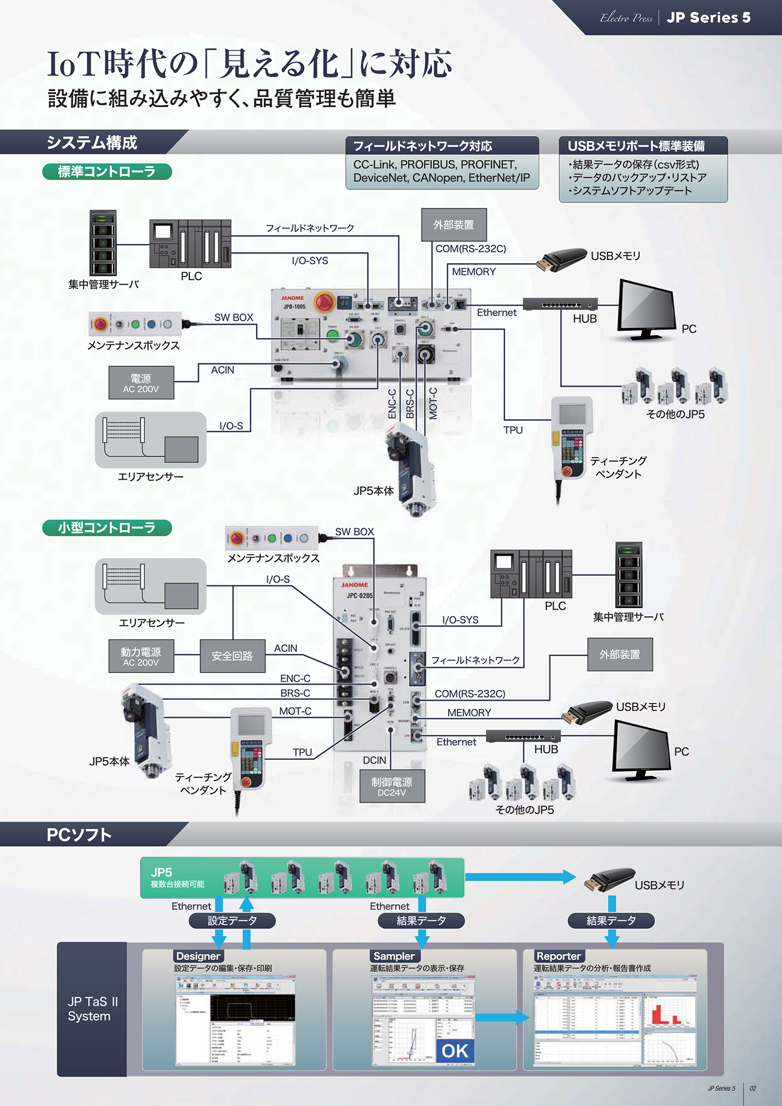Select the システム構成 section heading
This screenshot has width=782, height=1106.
pyautogui.click(x=92, y=142)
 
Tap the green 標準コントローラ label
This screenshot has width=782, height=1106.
pyautogui.click(x=107, y=172)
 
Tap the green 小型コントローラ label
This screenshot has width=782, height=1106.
pyautogui.click(x=107, y=528)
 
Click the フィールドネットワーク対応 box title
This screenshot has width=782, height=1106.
pyautogui.click(x=422, y=146)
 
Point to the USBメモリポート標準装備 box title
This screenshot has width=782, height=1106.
pyautogui.click(x=636, y=146)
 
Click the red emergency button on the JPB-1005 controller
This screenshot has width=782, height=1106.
pyautogui.click(x=325, y=301)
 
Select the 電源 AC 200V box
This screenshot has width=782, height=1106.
pyautogui.click(x=141, y=383)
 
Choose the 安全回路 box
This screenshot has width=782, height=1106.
pyautogui.click(x=232, y=656)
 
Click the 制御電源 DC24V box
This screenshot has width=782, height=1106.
pyautogui.click(x=392, y=786)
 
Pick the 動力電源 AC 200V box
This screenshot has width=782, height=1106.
pyautogui.click(x=141, y=656)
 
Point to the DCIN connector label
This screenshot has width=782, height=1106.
pyautogui.click(x=374, y=760)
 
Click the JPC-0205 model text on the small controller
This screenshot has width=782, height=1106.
pyautogui.click(x=359, y=595)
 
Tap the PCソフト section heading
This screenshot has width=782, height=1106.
pyautogui.click(x=79, y=835)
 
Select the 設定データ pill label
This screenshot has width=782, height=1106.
pyautogui.click(x=232, y=921)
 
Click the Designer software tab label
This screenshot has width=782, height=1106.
pyautogui.click(x=198, y=956)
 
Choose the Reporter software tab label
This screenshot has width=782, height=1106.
pyautogui.click(x=558, y=956)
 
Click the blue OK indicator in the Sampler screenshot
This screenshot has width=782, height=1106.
pyautogui.click(x=455, y=1051)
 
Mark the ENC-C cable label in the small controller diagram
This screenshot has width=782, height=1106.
pyautogui.click(x=295, y=678)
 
